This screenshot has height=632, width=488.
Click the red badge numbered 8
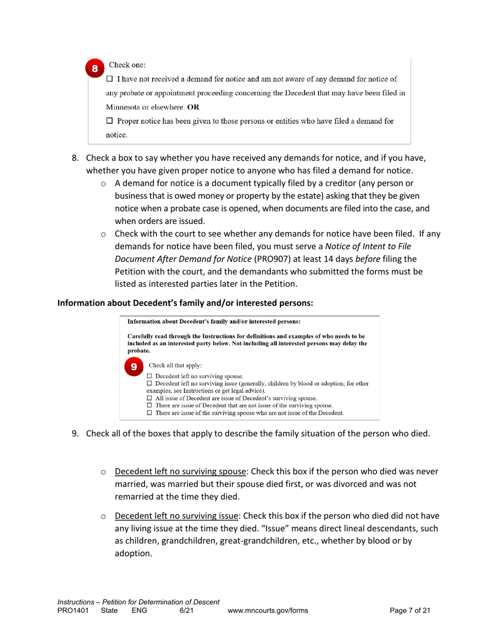coord(95,68)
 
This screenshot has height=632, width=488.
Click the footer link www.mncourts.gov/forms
coord(267,610)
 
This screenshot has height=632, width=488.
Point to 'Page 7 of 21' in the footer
coord(410,610)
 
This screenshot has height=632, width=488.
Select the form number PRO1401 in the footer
coord(72,610)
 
